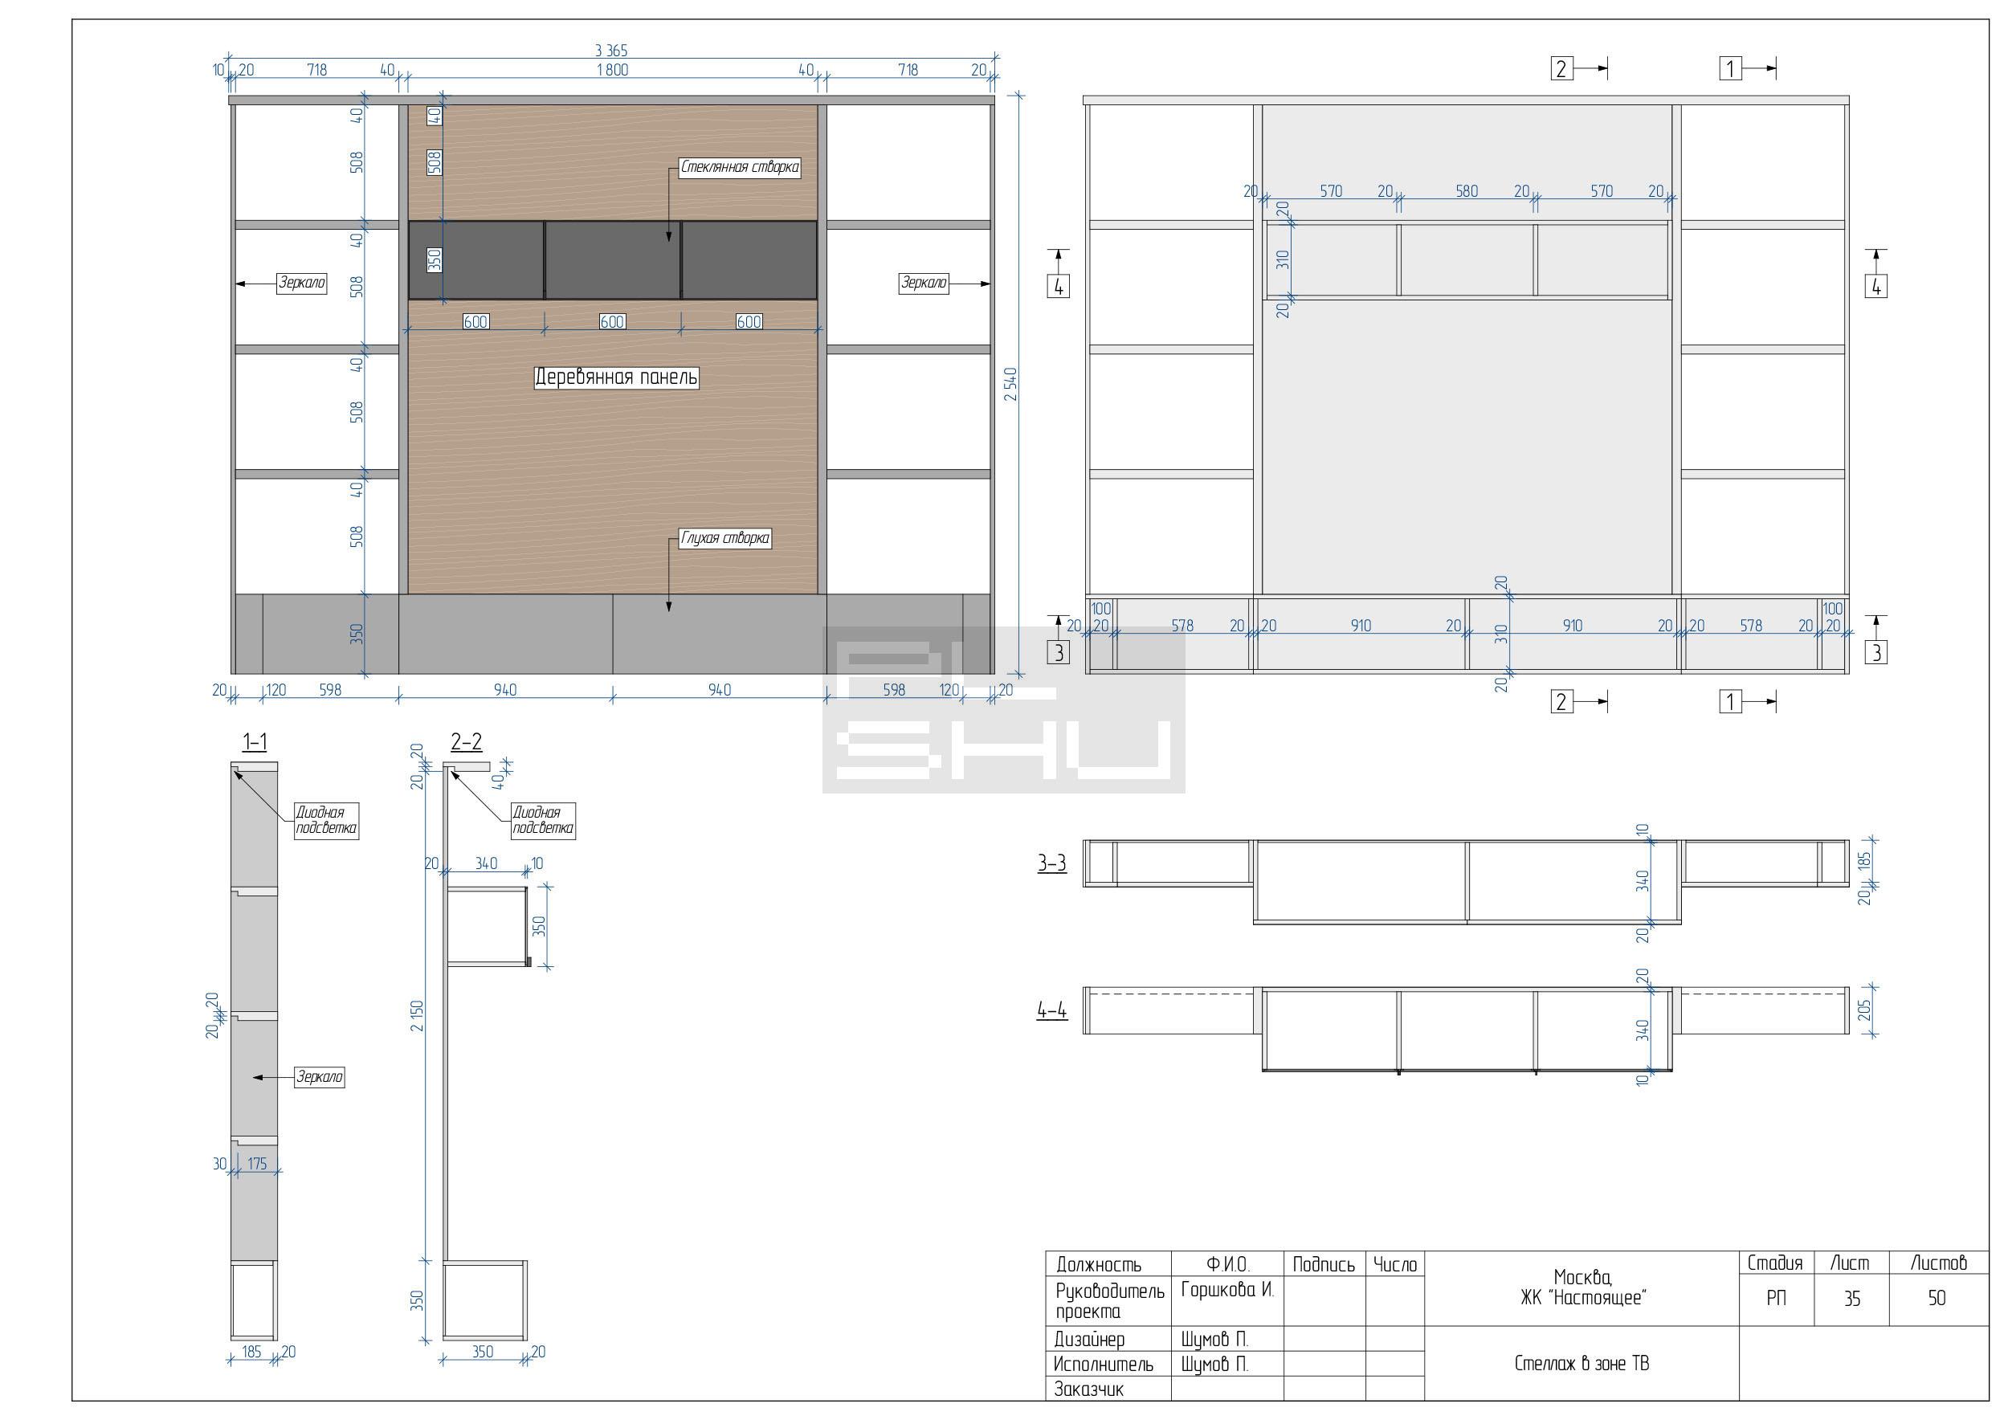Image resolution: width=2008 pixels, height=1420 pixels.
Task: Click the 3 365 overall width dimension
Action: tap(611, 51)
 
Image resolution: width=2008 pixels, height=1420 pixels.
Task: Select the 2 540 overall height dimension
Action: tap(1011, 384)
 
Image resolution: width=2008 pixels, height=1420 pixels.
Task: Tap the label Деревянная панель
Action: tap(617, 377)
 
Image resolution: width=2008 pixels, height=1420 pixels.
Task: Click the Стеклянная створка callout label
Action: tap(740, 167)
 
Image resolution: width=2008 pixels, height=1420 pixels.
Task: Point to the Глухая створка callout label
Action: tap(725, 538)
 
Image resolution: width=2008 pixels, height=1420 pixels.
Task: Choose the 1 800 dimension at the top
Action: tap(612, 70)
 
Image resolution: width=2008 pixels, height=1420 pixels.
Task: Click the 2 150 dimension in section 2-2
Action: tap(417, 1015)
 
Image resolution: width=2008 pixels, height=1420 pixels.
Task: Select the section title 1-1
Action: tap(255, 742)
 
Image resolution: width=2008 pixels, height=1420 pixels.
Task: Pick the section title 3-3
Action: tap(1052, 863)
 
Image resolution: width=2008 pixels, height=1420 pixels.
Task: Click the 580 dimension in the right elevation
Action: tap(1467, 190)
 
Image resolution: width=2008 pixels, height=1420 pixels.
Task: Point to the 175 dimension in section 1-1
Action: tap(257, 1164)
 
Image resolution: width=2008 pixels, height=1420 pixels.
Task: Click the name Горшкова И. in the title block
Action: tap(1227, 1290)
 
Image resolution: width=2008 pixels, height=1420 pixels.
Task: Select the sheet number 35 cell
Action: tap(1852, 1299)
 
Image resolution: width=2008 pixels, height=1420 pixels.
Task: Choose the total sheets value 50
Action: tap(1937, 1299)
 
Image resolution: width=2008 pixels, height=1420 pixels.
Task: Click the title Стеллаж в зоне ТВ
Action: tap(1582, 1363)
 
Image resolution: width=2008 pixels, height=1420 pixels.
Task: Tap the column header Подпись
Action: tap(1324, 1264)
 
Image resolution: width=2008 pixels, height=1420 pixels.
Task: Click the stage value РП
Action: tap(1776, 1299)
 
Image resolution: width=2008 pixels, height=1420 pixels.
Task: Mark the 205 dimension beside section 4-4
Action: tap(1863, 1010)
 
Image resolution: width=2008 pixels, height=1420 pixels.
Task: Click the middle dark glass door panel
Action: tap(613, 260)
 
